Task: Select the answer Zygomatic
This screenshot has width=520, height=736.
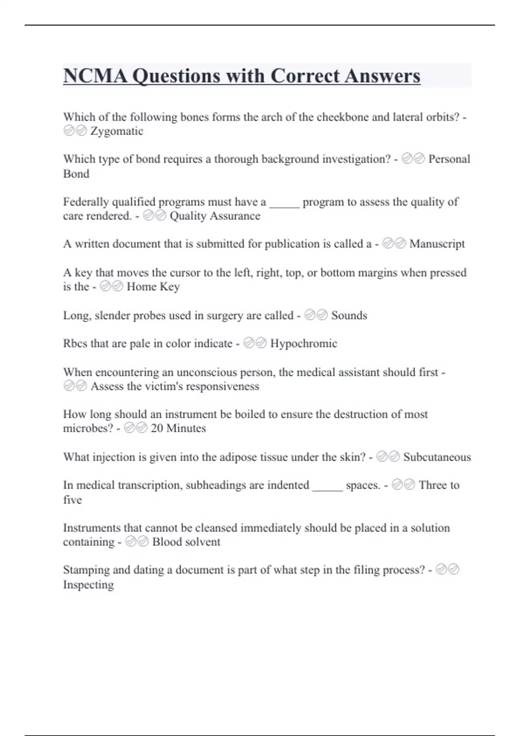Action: tap(117, 131)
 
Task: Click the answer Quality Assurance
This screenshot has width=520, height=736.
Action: tap(215, 216)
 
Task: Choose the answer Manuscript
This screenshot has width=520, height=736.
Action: tap(437, 244)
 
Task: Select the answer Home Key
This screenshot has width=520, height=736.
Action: tap(153, 287)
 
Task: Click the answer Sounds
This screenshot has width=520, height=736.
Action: tap(349, 316)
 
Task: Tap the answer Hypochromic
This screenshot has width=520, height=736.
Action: tap(303, 344)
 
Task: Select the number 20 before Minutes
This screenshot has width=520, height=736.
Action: tap(157, 429)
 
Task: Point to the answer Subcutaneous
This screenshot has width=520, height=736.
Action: tap(437, 457)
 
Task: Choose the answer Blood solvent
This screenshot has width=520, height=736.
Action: tap(186, 542)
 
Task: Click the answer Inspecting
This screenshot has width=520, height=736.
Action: tap(88, 585)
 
